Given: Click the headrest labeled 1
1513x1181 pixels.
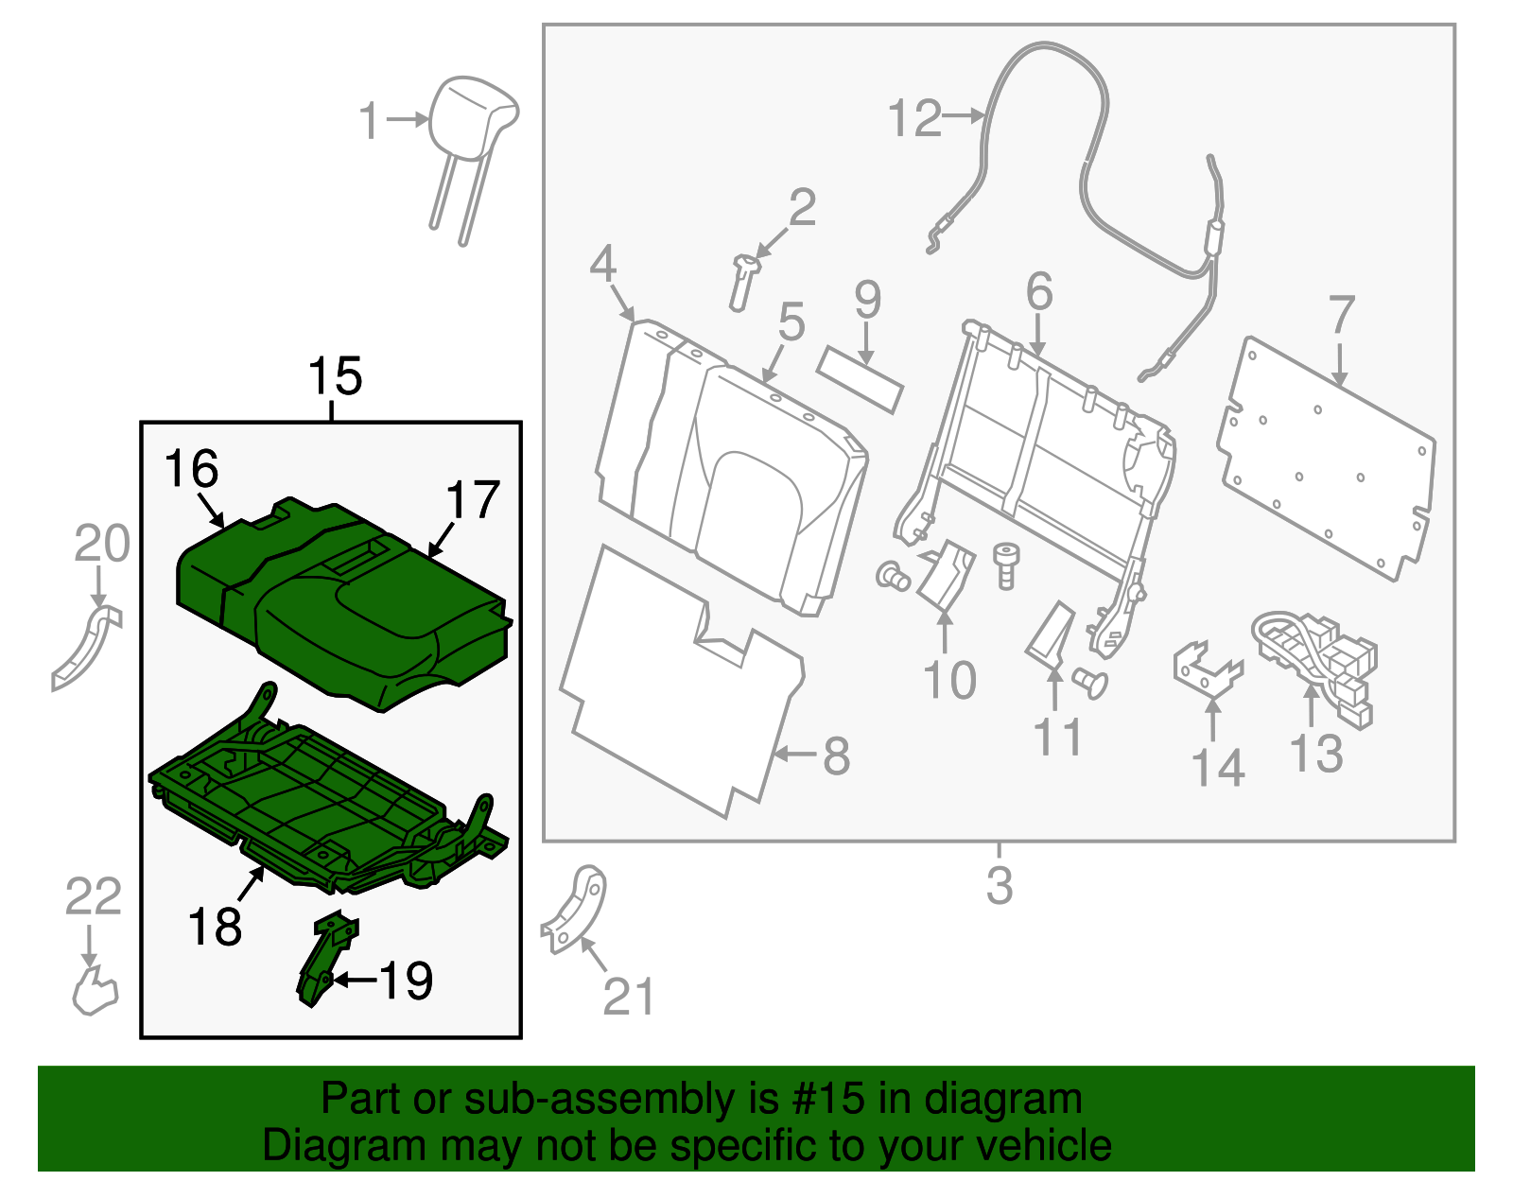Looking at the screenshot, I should point(473,118).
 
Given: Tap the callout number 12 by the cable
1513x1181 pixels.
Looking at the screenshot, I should point(914,119).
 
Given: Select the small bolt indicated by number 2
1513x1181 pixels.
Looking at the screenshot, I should point(741,281).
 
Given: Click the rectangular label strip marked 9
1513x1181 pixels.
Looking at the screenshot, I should point(860,379).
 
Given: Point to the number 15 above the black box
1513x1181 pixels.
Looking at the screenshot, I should point(335,376).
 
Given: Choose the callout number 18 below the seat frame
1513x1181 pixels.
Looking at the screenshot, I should point(215,927).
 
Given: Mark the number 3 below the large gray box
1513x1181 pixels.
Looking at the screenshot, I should point(1000,886).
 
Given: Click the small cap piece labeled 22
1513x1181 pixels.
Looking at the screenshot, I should point(95,991).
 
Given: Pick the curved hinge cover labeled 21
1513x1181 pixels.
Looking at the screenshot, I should point(577,908).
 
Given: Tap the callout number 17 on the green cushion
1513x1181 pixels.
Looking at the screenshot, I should point(472,500).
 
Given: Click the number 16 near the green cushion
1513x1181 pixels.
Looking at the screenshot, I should point(191,469).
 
